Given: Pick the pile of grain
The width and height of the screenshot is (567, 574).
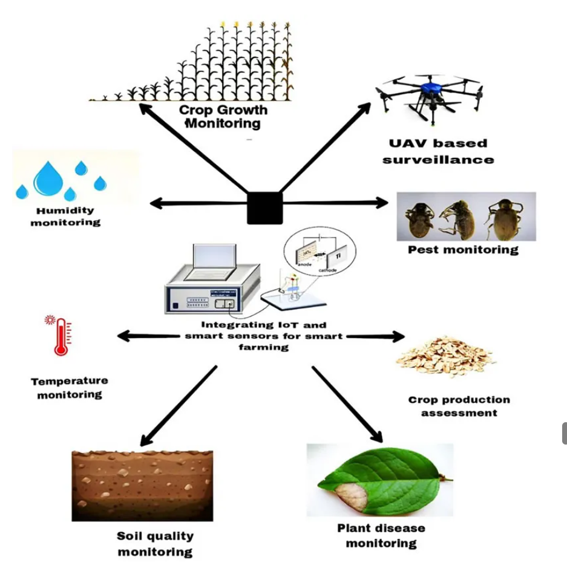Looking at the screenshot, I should tap(445, 357).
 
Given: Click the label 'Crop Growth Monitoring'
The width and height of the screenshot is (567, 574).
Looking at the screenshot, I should tap(223, 117).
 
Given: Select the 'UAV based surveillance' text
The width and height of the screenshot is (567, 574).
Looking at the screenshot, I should tap(439, 151).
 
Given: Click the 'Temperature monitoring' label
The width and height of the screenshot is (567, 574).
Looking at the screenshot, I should tap(70, 388).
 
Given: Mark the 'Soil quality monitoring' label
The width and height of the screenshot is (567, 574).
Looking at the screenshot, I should tap(155, 543).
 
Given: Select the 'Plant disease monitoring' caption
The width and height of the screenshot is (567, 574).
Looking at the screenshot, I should tap(381, 535).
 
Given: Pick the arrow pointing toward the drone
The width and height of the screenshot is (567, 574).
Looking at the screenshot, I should tap(327, 148).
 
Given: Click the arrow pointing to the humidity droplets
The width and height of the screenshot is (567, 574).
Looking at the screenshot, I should tap(194, 204).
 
